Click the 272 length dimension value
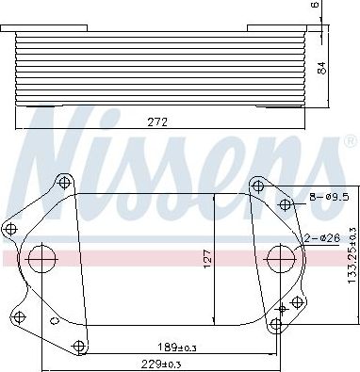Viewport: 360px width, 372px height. tap(158, 122)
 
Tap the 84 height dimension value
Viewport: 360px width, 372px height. tap(321, 67)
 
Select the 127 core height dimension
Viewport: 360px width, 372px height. tap(208, 259)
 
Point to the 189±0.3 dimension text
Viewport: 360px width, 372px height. tap(176, 348)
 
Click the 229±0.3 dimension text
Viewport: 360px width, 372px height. tap(161, 364)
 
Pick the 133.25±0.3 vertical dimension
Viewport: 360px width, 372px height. tap(353, 255)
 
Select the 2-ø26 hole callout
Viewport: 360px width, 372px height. tap(321, 238)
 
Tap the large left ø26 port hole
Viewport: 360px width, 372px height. tap(42, 259)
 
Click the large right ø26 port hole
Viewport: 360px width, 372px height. tap(281, 259)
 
